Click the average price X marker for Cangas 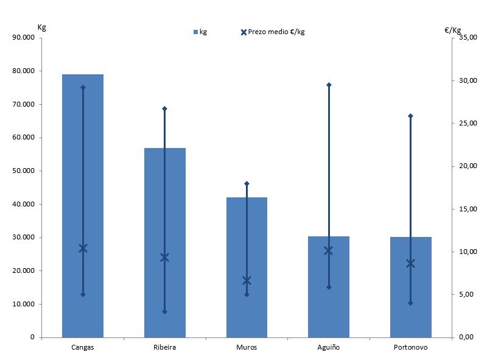coord(83,248)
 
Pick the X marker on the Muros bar coord(247,281)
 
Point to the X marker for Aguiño coord(329,250)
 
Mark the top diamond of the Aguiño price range coord(329,85)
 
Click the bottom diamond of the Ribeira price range coord(164,311)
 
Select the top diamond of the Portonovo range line coord(410,116)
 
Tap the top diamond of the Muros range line coord(247,183)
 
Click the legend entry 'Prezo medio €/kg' coord(273,32)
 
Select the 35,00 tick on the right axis coord(468,38)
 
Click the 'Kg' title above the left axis coord(41,27)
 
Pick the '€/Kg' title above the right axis coord(453,29)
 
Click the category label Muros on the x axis coord(247,347)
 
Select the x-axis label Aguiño coord(329,347)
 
